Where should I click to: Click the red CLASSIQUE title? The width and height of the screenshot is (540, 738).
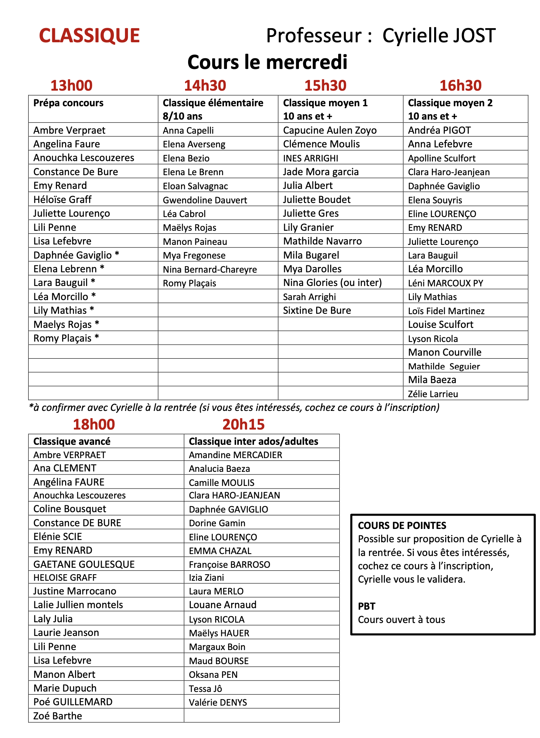pos(89,35)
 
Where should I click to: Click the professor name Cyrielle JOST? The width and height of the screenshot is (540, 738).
pos(439,35)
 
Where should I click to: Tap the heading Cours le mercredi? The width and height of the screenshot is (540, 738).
pos(267,62)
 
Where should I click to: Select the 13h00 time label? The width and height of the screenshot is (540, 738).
pos(71,86)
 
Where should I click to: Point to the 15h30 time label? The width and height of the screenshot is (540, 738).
pos(325,86)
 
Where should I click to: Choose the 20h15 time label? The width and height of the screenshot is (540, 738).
pos(243,424)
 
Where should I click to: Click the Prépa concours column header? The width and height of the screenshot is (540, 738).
pos(69,103)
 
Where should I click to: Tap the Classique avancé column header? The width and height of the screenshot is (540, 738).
pos(72,441)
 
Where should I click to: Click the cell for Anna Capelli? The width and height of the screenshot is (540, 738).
pos(188,131)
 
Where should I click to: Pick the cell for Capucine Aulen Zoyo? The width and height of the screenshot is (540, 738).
pos(330,130)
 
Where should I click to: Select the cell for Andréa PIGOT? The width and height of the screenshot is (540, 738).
pos(439,130)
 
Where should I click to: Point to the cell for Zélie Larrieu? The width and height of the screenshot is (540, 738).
pos(433,394)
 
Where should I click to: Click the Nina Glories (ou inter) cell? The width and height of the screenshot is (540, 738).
pos(332,283)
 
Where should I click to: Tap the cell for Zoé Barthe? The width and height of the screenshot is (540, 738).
pos(58,716)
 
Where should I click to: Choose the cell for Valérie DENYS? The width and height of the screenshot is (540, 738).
pos(218,702)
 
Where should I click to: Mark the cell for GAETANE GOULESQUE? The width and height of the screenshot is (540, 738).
pos(84,564)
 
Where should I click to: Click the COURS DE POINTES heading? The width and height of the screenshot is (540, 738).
pos(402,526)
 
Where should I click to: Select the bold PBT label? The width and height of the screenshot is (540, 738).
pos(367,606)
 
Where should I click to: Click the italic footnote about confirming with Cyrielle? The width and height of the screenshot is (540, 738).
pos(234,408)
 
